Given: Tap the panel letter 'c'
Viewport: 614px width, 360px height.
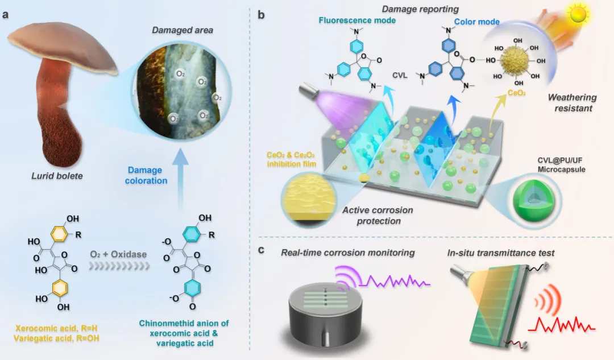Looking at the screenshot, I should coord(262,249).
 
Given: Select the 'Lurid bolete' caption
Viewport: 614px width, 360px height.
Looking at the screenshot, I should coord(56,176).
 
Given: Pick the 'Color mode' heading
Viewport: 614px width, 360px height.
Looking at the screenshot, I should coord(476,22).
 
